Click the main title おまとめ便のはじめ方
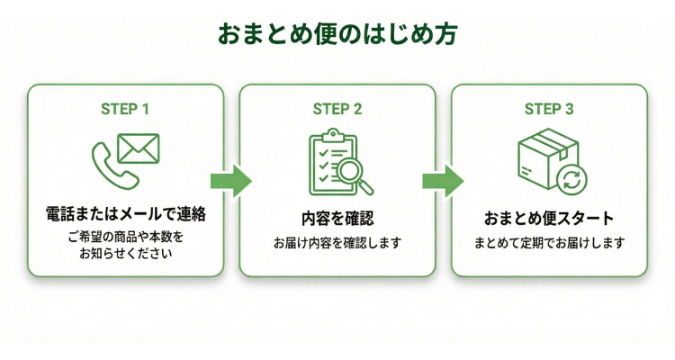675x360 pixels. point(337,33)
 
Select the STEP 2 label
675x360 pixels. point(337,110)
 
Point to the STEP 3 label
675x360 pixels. point(549,110)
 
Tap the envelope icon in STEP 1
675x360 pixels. point(138,148)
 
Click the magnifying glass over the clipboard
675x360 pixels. point(354,174)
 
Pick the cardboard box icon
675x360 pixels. point(542,155)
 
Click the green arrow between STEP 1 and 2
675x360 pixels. point(230,180)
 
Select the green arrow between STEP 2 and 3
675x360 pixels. point(443,180)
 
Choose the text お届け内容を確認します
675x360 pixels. point(337,243)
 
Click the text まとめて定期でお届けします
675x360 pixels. point(549,243)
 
